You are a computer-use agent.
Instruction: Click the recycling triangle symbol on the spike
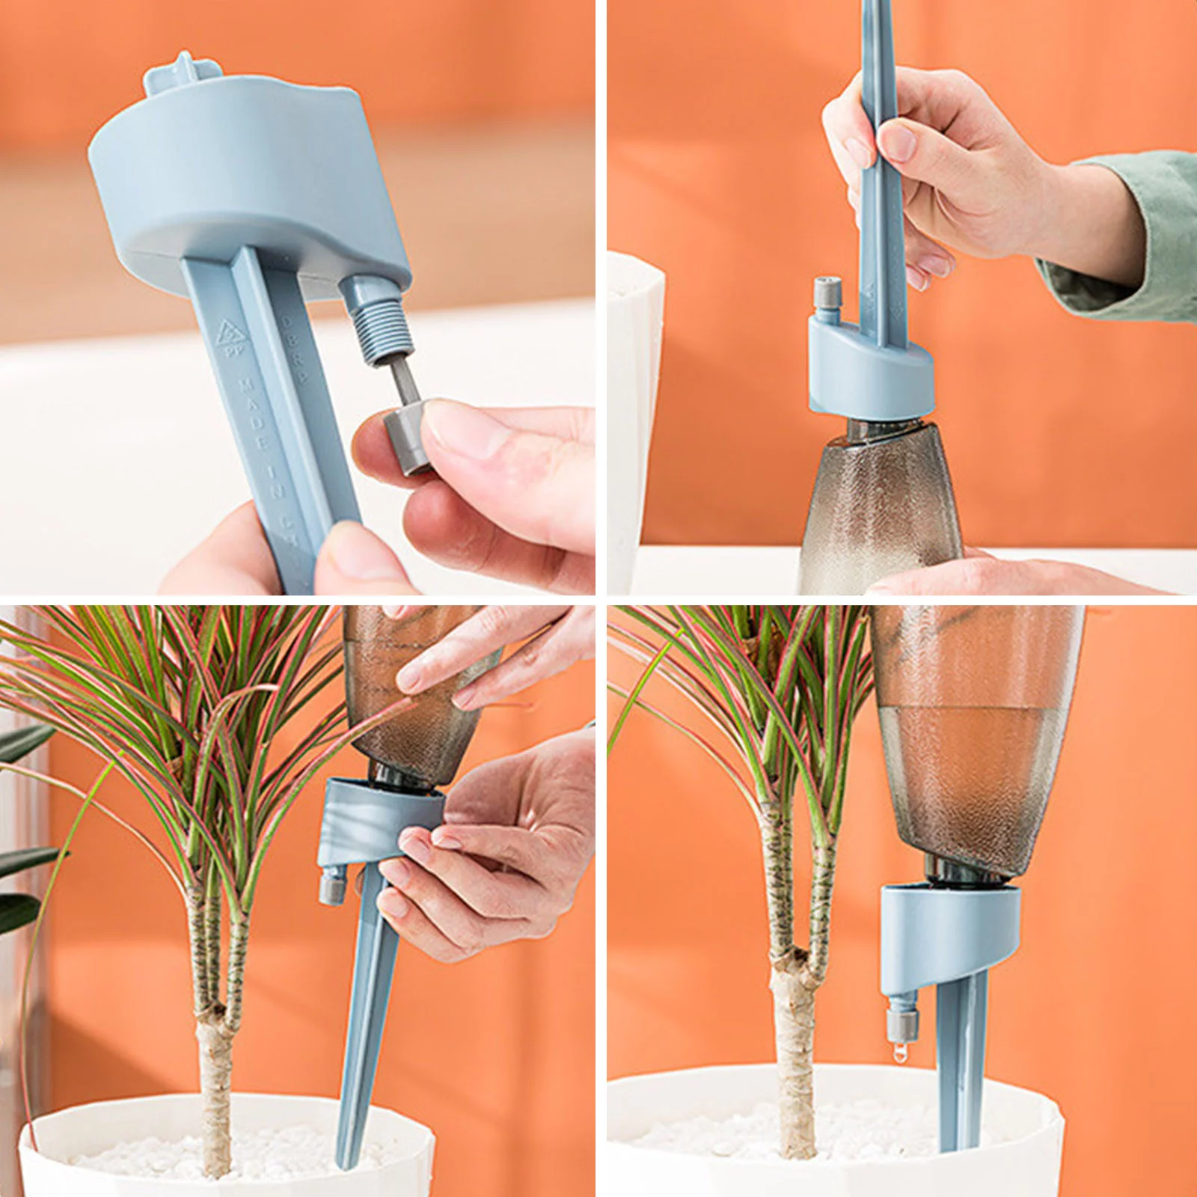click(227, 334)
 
